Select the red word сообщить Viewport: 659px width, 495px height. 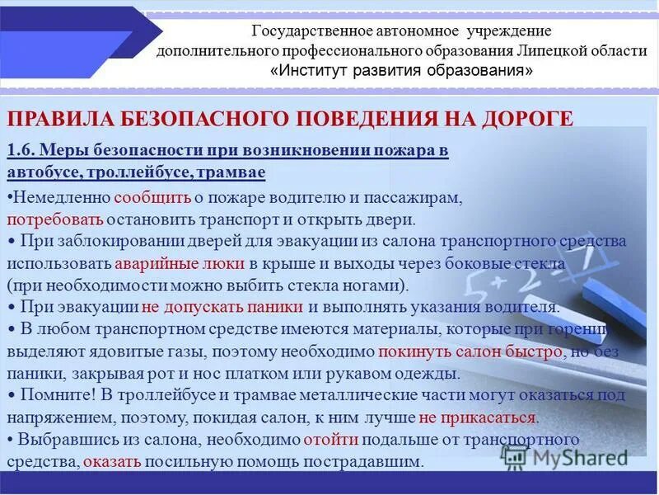pos(152,199)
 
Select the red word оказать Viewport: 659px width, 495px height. pos(112,461)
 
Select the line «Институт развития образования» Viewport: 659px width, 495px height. pos(401,70)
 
